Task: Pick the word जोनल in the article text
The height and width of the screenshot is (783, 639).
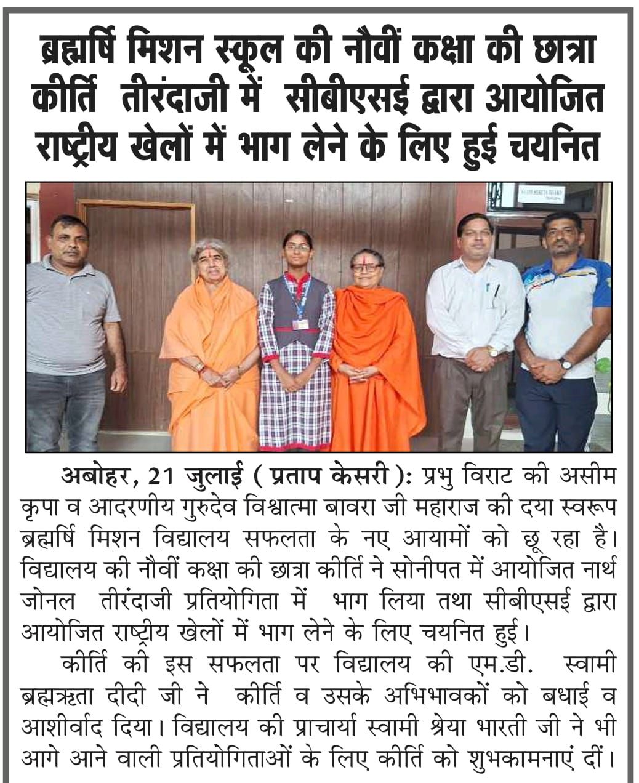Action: pyautogui.click(x=50, y=600)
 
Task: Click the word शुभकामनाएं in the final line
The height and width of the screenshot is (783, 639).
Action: pyautogui.click(x=518, y=757)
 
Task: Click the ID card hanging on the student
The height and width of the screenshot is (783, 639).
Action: pyautogui.click(x=300, y=324)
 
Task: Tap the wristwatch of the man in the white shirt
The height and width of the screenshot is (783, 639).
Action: pyautogui.click(x=492, y=352)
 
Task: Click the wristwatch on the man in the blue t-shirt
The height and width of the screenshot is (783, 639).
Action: pyautogui.click(x=565, y=364)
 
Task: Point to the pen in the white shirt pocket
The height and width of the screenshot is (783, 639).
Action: pyautogui.click(x=496, y=289)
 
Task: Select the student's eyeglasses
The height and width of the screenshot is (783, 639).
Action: pyautogui.click(x=297, y=246)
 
